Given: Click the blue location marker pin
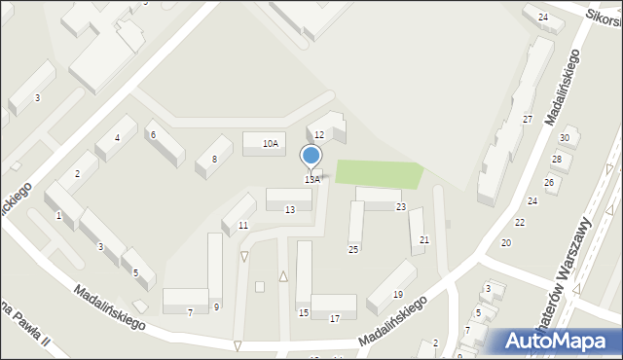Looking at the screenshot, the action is click(311, 156).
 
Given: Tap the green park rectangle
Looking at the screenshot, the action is click(380, 174).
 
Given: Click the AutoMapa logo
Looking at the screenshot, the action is click(559, 342).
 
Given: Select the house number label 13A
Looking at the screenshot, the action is click(311, 180).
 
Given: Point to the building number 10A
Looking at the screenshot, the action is click(271, 144).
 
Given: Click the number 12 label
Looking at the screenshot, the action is click(318, 134).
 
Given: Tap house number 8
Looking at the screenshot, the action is click(214, 159).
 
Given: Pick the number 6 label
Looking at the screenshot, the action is click(153, 135).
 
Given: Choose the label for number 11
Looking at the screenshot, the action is click(243, 226).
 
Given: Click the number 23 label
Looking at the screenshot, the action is click(400, 206).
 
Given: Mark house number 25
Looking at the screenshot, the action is click(353, 250).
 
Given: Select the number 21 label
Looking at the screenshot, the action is click(423, 240).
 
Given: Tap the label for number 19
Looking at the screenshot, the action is click(397, 295).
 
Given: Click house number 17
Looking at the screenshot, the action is click(335, 319).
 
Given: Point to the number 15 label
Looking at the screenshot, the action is click(304, 312).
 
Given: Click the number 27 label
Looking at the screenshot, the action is click(527, 119).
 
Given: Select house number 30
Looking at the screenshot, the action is click(564, 138).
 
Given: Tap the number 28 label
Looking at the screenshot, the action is click(556, 160).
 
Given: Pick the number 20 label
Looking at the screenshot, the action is click(505, 242).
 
